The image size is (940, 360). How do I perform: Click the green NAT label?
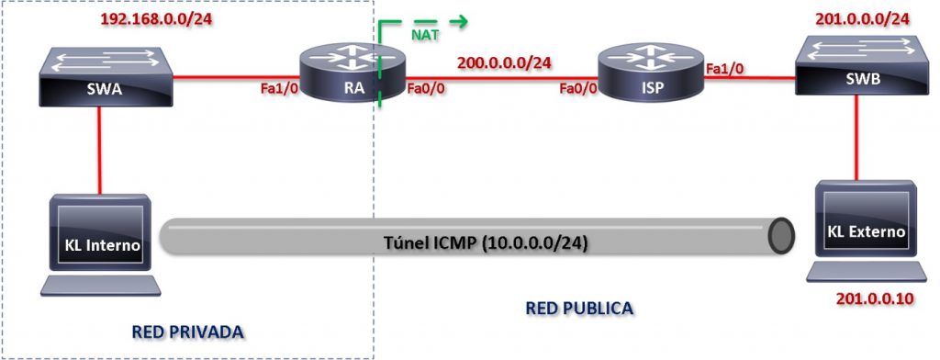(x=424, y=36)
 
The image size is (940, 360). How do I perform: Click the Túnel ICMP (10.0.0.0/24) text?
(x=486, y=244)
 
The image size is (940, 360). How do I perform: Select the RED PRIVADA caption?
(x=187, y=331)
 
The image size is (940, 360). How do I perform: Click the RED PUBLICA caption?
(x=578, y=308)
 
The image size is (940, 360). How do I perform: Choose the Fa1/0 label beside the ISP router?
(x=725, y=67)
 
